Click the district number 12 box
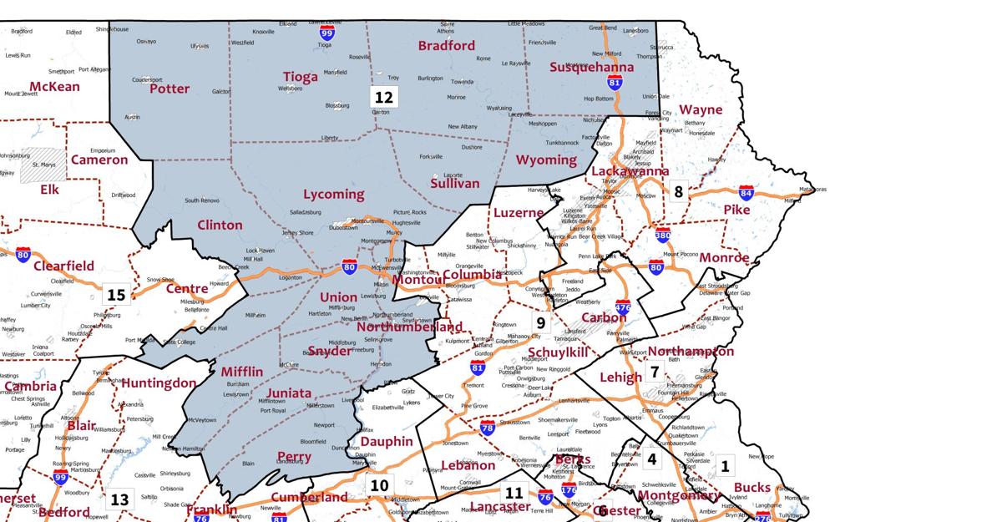pyautogui.click(x=383, y=97)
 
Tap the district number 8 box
pyautogui.click(x=678, y=191)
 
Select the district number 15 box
pyautogui.click(x=116, y=295)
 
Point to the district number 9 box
pyautogui.click(x=541, y=322)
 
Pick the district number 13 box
pyautogui.click(x=119, y=499)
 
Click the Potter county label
pyautogui.click(x=170, y=89)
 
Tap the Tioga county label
pyautogui.click(x=300, y=77)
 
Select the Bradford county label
pyautogui.click(x=446, y=45)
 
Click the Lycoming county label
pyautogui.click(x=333, y=195)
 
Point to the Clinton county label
pyautogui.click(x=220, y=225)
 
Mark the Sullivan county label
pyautogui.click(x=455, y=183)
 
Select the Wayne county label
pyautogui.click(x=701, y=109)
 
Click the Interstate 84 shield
pyautogui.click(x=746, y=193)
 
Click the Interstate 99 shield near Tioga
pyautogui.click(x=327, y=33)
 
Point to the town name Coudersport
pyautogui.click(x=147, y=79)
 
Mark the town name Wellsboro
pyautogui.click(x=291, y=88)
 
